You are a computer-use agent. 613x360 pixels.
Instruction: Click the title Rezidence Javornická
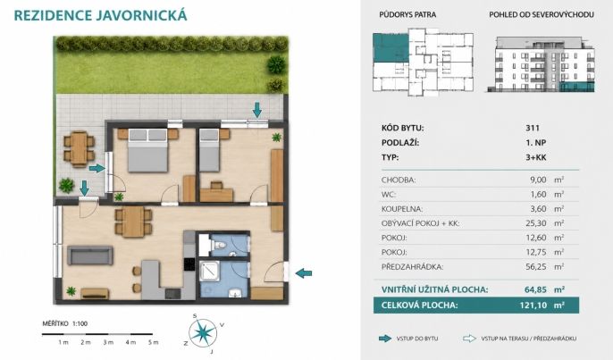[x=100, y=15]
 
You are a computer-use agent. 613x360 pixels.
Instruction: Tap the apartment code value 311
[x=533, y=128]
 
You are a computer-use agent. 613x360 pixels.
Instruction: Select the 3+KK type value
[x=536, y=157]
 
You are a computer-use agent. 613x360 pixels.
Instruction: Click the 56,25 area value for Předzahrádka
[x=536, y=267]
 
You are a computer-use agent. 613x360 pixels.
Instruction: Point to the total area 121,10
[x=533, y=305]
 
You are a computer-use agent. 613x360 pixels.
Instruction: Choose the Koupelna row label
[x=402, y=209]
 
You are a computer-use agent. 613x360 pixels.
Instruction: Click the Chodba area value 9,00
[x=538, y=180]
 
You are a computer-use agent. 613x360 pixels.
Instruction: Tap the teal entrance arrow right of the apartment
[x=304, y=273]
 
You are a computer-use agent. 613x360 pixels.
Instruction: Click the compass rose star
[x=204, y=332]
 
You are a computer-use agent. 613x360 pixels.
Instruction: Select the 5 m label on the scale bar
[x=154, y=342]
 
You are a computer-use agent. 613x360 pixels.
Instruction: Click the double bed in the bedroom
[x=147, y=150]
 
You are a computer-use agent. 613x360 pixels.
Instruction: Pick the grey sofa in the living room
[x=90, y=255]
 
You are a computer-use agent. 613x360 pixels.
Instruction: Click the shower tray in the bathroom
[x=210, y=272]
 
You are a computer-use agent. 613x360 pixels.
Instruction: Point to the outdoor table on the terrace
[x=80, y=148]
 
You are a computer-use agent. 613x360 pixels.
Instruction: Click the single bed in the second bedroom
[x=209, y=150]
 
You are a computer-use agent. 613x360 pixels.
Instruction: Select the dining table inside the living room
[x=133, y=222]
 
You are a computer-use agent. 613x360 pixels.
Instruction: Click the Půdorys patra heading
[x=407, y=15]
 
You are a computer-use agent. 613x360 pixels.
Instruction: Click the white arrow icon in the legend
[x=469, y=339]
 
